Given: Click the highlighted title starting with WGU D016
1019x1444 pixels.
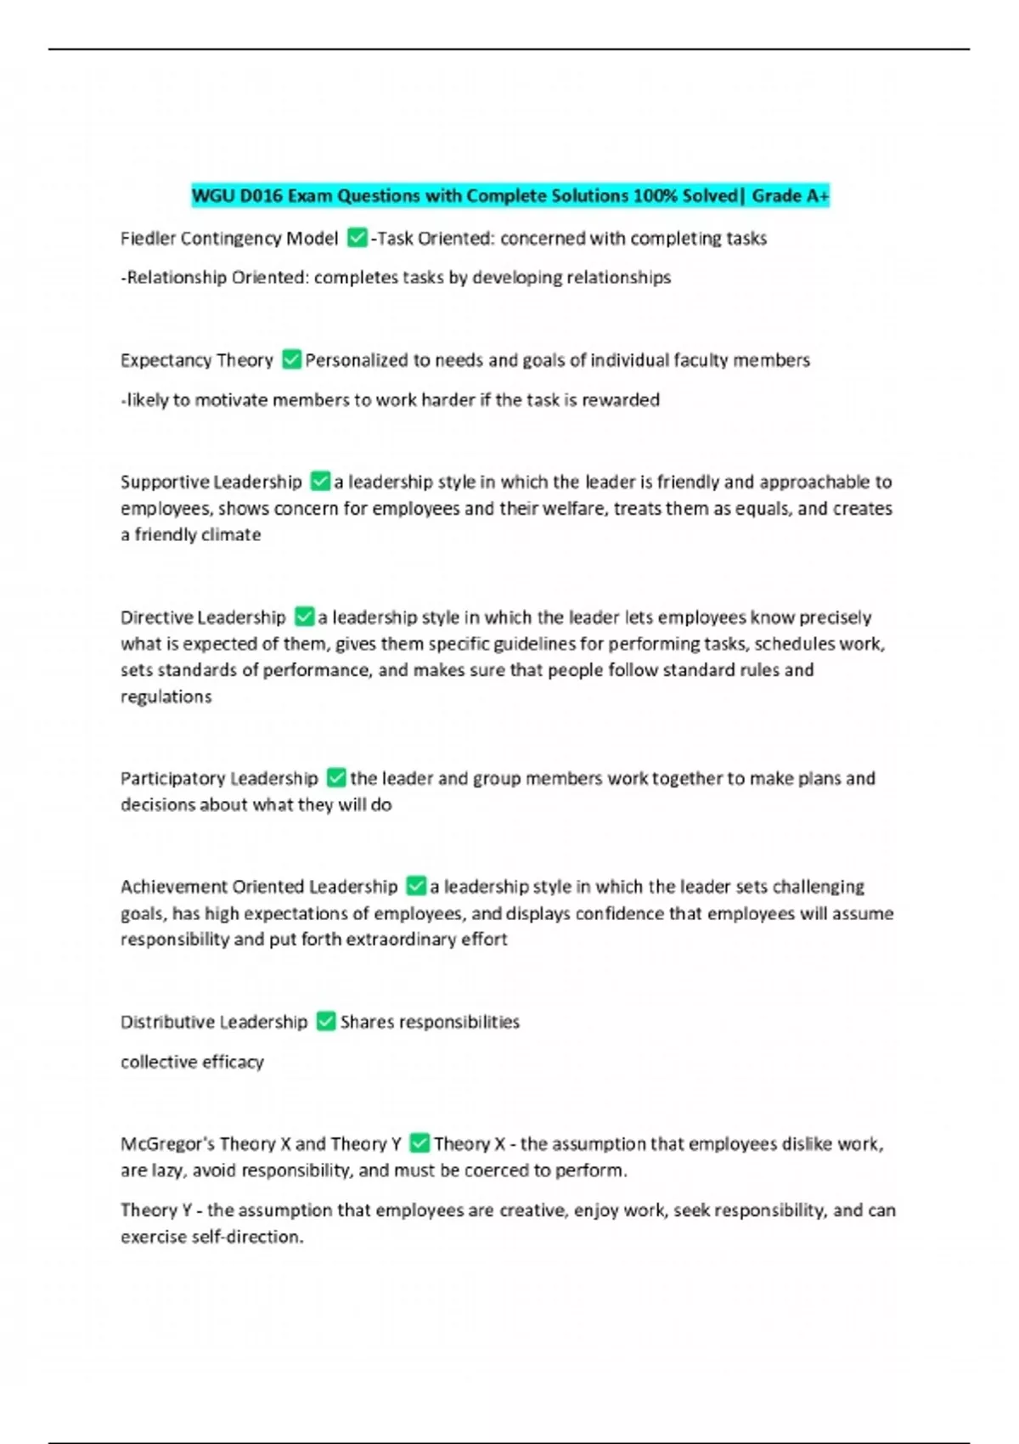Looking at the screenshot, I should (509, 196).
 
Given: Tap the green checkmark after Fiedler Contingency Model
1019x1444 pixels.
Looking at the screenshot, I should (357, 238).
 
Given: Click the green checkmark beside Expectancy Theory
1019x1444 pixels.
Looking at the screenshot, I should (291, 359).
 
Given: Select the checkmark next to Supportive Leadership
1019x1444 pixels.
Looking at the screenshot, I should (320, 482).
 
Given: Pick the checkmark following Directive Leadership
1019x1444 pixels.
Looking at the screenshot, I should (304, 617).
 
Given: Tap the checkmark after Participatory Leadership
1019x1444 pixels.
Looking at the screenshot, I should (336, 778).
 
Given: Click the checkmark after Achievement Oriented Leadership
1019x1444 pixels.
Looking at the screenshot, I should (416, 886).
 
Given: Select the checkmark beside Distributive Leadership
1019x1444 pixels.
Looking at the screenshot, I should (326, 1021).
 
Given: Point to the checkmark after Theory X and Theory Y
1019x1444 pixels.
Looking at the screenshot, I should (419, 1143).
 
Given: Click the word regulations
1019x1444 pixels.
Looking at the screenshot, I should (166, 697).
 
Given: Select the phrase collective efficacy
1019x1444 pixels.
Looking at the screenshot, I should (192, 1062).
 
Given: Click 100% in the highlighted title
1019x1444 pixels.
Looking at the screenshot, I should (655, 196).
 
